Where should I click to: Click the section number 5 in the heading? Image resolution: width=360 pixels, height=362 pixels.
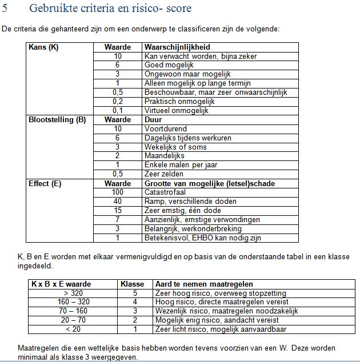[5, 9]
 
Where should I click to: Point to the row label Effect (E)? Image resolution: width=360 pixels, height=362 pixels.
[45, 183]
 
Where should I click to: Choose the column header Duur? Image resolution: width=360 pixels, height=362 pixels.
[154, 120]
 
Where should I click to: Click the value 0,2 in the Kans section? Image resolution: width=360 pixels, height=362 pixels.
[118, 101]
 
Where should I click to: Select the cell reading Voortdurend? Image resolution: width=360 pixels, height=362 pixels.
[163, 129]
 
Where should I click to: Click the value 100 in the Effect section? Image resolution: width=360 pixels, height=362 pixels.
[118, 192]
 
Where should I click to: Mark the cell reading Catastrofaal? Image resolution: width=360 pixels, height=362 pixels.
[165, 192]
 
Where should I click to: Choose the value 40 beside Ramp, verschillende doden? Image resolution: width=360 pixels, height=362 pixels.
[118, 202]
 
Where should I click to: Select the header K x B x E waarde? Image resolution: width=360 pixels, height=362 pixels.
[61, 284]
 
